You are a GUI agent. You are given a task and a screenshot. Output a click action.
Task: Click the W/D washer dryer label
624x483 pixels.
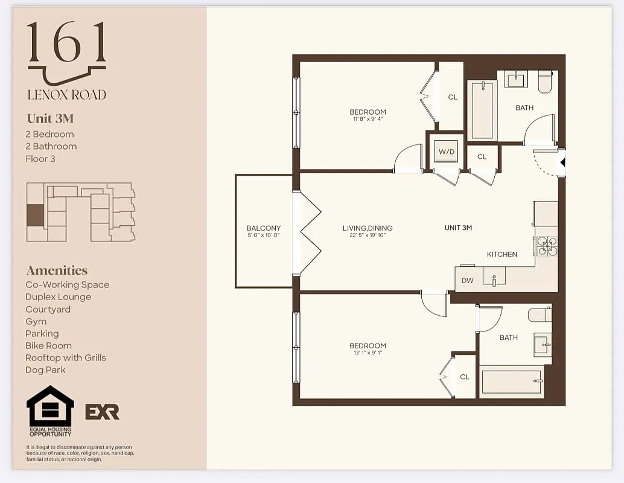click(x=447, y=152)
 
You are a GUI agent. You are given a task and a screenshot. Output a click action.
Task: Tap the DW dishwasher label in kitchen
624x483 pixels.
click(x=468, y=280)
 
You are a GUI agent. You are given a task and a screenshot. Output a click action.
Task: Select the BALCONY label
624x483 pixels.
click(x=264, y=228)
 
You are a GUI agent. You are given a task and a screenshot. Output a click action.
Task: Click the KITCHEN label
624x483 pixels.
click(x=502, y=254)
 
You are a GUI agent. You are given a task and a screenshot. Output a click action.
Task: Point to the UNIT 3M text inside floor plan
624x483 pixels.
click(x=458, y=228)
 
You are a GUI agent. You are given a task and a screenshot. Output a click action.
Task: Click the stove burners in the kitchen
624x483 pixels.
click(x=546, y=245)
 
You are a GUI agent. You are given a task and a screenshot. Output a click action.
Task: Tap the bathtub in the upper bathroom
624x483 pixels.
click(x=483, y=110)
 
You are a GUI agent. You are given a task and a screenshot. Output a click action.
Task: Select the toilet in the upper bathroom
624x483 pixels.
click(x=545, y=82)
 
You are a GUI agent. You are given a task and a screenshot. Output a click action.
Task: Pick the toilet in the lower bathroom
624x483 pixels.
click(x=539, y=315)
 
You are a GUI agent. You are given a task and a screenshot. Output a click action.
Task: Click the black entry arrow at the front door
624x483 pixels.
click(x=562, y=162)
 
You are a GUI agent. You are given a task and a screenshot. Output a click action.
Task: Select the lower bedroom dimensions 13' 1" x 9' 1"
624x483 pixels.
click(x=368, y=353)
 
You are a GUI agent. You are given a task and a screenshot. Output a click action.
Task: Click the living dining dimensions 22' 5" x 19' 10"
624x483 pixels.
click(x=368, y=235)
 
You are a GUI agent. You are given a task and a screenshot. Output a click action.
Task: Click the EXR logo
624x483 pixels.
click(x=103, y=412)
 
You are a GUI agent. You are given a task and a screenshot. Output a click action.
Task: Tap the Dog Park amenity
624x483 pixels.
click(x=45, y=369)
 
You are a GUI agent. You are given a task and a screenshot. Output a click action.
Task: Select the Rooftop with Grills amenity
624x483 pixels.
click(x=66, y=357)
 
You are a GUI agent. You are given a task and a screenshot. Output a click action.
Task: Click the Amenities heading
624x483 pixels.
click(x=57, y=270)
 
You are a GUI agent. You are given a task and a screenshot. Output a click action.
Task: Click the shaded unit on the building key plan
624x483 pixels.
click(x=36, y=215)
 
